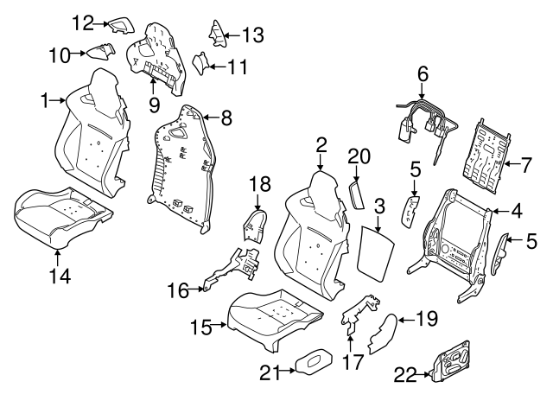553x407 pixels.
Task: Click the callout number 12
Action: [x=83, y=23]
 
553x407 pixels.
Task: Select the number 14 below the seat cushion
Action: [x=60, y=276]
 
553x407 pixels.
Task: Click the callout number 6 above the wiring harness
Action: [x=423, y=74]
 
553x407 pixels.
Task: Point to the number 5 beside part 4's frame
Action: [x=531, y=241]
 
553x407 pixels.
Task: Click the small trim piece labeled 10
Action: [x=101, y=51]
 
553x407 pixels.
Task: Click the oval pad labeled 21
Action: [x=314, y=360]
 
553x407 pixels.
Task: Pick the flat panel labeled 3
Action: [x=375, y=253]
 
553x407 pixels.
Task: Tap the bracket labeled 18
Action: [x=256, y=226]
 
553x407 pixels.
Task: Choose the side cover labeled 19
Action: [x=383, y=333]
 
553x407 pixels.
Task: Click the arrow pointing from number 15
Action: [x=219, y=324]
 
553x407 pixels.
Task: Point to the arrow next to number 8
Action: [x=211, y=117]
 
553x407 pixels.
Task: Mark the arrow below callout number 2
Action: [x=321, y=163]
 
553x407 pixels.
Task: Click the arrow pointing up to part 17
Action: [x=350, y=344]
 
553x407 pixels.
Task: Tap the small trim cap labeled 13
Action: [x=218, y=34]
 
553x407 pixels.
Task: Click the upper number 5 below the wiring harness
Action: [x=416, y=169]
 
